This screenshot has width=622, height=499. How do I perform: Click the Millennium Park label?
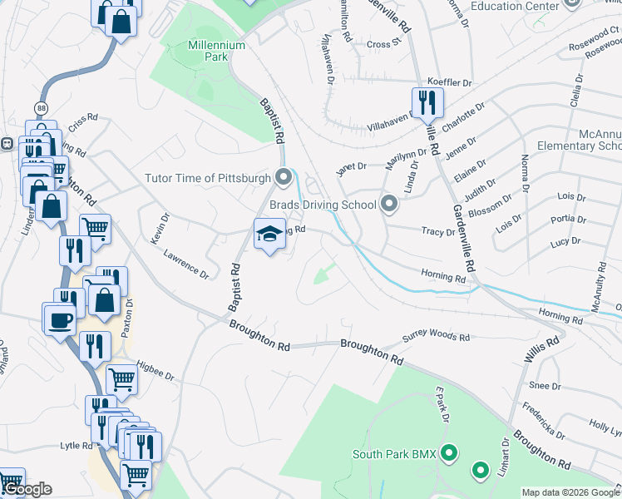(217, 52)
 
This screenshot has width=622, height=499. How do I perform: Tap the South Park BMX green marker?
(449, 454)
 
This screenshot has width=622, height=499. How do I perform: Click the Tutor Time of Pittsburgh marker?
(284, 177)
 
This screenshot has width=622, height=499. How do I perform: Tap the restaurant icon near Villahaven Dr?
(427, 102)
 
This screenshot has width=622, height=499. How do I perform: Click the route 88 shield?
(42, 108)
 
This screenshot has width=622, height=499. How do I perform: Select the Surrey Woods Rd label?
(437, 337)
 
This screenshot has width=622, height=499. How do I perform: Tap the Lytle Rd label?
(76, 446)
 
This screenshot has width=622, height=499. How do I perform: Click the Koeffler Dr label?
(449, 83)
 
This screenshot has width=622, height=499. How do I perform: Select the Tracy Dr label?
(438, 232)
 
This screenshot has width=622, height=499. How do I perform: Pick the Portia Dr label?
(569, 220)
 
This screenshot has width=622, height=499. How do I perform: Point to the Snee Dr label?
(545, 386)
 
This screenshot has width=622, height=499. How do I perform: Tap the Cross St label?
(383, 44)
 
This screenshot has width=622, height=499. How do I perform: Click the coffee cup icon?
(60, 317)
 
